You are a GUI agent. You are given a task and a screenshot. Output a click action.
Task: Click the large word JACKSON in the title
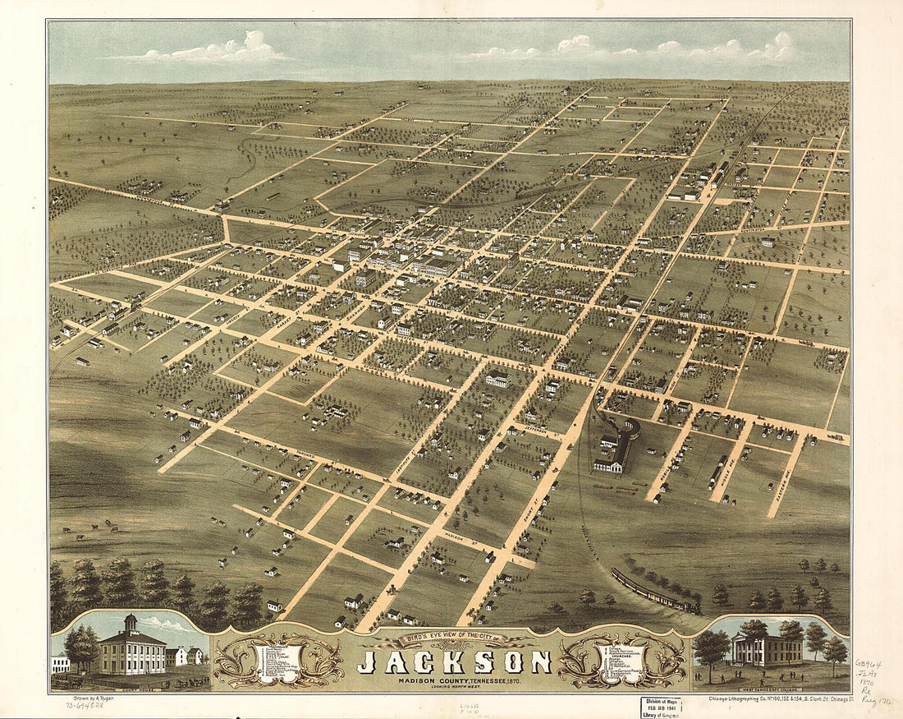pyautogui.click(x=454, y=661)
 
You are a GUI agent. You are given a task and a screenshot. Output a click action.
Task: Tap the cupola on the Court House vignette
pyautogui.click(x=131, y=622)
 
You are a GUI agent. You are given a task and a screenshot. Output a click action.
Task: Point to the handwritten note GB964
pyautogui.click(x=868, y=664)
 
